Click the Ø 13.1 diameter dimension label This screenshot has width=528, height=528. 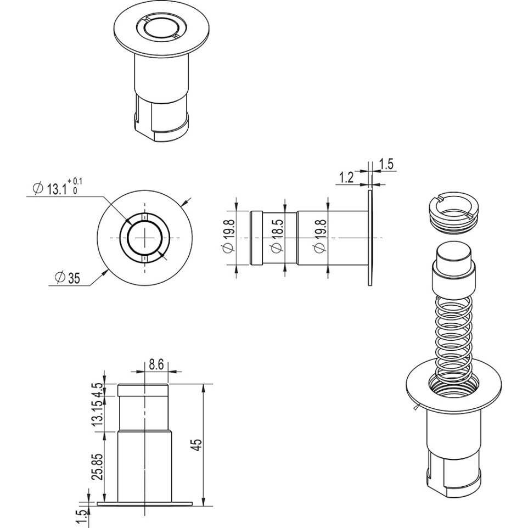[49, 189]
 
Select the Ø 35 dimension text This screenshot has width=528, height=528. [68, 278]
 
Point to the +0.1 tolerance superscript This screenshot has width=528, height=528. [76, 182]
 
